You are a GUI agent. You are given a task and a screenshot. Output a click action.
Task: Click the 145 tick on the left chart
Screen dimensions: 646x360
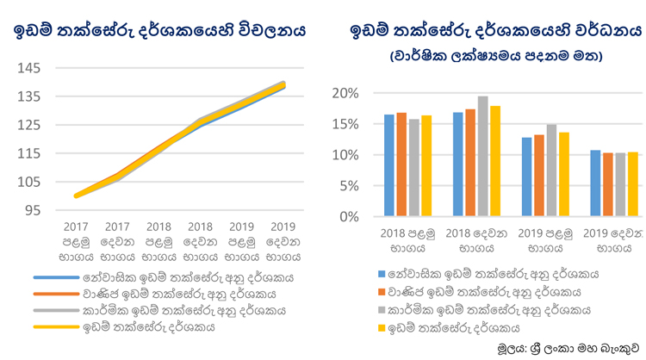click(x=28, y=68)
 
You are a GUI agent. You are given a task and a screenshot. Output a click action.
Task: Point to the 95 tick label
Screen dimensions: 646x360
click(x=33, y=210)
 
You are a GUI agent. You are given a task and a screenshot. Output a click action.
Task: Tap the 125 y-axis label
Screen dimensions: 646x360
click(x=28, y=125)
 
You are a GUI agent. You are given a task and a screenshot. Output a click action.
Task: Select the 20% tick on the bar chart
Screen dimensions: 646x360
click(x=345, y=94)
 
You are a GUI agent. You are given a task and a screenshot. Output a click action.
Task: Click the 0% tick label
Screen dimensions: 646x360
click(x=349, y=217)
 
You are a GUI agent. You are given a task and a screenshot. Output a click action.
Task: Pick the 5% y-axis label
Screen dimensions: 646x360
click(x=349, y=186)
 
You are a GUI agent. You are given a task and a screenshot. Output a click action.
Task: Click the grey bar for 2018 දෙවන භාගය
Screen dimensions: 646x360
click(x=483, y=156)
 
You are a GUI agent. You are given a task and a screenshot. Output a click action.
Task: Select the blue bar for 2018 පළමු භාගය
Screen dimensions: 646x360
click(x=389, y=165)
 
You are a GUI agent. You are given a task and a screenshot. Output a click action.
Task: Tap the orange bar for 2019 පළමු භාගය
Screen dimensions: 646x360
click(x=539, y=176)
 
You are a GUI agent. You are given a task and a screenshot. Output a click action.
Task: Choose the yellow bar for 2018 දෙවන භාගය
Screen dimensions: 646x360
click(x=495, y=161)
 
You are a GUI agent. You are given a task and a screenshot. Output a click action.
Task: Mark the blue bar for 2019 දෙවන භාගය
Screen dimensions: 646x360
click(x=595, y=183)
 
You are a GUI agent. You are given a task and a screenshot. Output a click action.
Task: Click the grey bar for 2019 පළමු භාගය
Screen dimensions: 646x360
click(x=551, y=171)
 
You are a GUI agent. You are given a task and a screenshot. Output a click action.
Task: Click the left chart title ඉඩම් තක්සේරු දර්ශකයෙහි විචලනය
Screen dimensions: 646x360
click(x=159, y=30)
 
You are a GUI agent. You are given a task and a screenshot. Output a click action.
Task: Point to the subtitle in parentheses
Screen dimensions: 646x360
click(x=496, y=56)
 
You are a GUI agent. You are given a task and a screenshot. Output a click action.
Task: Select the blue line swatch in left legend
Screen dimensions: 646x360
click(x=56, y=277)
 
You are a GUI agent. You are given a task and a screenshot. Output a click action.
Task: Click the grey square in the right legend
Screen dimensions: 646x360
click(x=382, y=310)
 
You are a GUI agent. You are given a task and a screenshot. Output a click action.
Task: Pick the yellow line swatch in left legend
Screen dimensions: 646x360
click(x=56, y=327)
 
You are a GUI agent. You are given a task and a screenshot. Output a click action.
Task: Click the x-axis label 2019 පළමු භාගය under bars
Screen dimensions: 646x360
click(x=545, y=240)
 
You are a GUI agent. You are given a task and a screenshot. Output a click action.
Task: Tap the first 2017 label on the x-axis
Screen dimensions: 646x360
click(x=76, y=227)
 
